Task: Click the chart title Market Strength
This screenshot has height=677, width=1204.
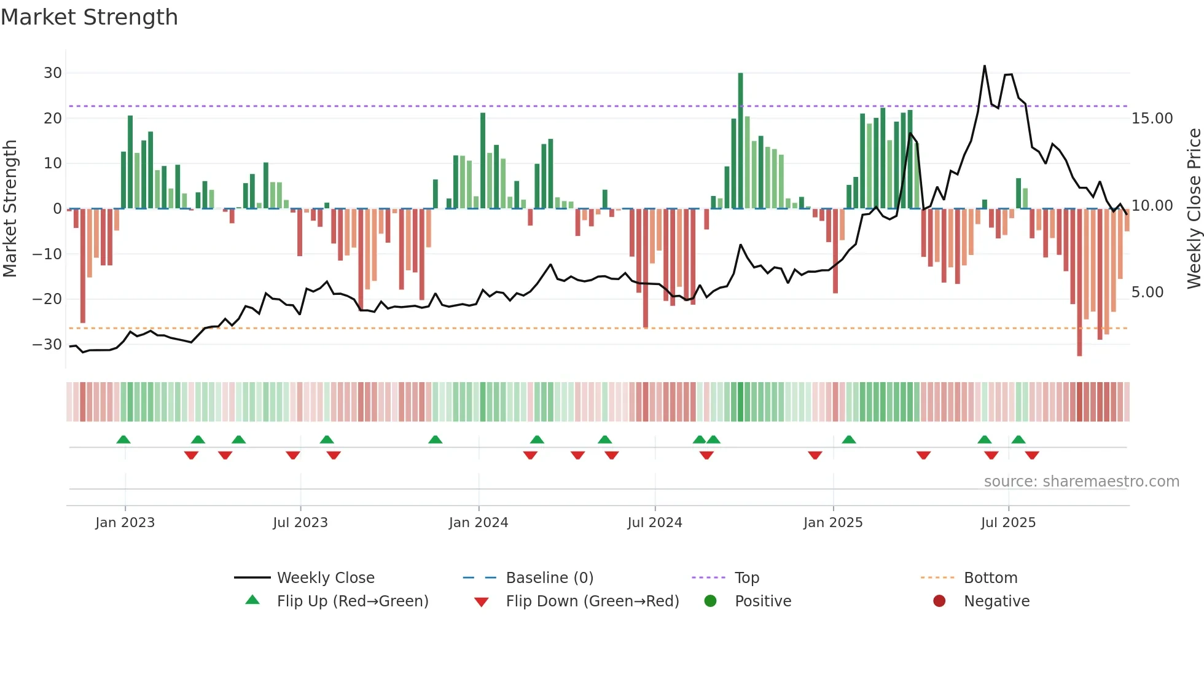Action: click(x=89, y=17)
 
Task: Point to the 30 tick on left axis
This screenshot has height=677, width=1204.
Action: click(x=53, y=73)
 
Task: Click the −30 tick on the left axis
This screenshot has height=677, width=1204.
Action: click(x=47, y=344)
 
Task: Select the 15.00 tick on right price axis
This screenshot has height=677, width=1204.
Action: click(x=1152, y=119)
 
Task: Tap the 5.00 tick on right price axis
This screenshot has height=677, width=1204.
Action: click(x=1147, y=292)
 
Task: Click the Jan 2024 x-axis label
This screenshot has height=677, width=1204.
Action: click(x=479, y=523)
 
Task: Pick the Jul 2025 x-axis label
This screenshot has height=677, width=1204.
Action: click(x=1008, y=523)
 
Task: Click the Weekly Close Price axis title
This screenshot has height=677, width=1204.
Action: click(x=1194, y=208)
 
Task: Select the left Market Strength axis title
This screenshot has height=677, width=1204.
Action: click(x=10, y=208)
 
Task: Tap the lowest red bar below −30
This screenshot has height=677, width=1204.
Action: click(x=1079, y=283)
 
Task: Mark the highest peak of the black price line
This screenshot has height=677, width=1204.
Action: click(x=985, y=66)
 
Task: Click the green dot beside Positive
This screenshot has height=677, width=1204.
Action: click(x=711, y=601)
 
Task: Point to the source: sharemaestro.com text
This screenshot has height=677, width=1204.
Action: click(x=1081, y=482)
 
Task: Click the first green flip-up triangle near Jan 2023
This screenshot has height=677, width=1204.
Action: click(x=123, y=439)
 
